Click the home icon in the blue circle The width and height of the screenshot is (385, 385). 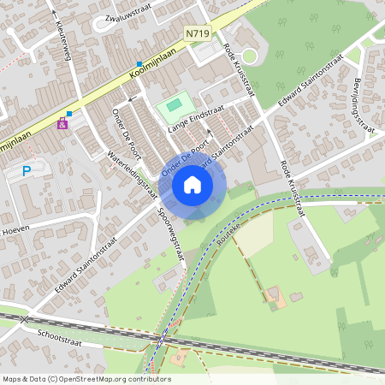(x=192, y=184)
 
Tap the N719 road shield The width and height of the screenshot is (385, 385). (x=197, y=33)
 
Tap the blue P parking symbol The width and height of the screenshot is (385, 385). (x=27, y=171)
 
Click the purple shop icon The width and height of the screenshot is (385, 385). (x=62, y=124)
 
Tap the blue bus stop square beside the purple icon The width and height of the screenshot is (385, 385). (x=69, y=113)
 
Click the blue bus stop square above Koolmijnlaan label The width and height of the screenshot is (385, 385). (x=138, y=62)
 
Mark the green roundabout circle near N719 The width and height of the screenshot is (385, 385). (x=250, y=56)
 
